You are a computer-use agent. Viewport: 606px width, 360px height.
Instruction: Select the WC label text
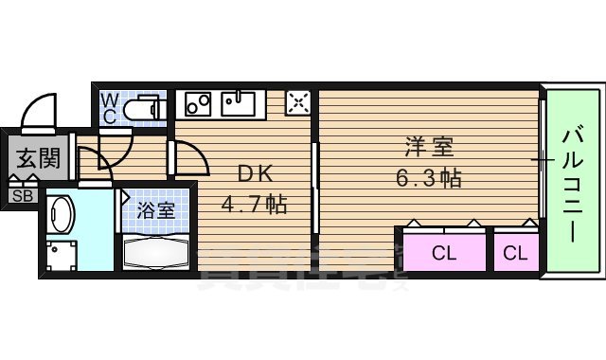pos(109,108)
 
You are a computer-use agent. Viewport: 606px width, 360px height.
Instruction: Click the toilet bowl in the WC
pos(145,108)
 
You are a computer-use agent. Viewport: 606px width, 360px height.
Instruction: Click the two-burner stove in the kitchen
pos(199,102)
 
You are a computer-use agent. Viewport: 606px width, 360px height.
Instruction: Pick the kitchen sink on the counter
pos(243,102)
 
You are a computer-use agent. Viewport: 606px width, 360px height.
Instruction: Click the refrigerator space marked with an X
pos(298,102)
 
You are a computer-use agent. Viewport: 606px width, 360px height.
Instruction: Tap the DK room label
pos(254,174)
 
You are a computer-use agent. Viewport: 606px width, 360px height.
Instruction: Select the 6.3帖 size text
pos(429,177)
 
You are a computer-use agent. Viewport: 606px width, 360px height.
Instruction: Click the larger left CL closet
pos(443,252)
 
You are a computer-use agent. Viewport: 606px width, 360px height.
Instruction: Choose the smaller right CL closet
pos(515,252)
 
